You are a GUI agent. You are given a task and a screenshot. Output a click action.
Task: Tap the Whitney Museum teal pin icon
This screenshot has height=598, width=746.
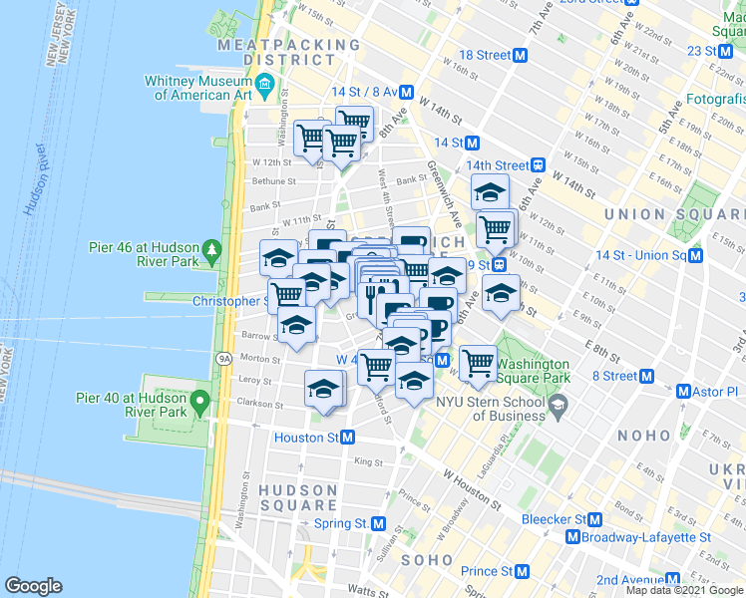264,87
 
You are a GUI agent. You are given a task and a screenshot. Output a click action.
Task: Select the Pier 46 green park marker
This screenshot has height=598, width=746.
212,249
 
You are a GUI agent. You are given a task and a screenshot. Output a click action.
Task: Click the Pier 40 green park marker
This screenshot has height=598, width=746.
199,403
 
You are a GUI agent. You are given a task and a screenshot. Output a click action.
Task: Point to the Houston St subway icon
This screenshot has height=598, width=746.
348,438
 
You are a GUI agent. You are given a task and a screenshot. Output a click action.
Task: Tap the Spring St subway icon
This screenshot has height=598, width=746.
378,523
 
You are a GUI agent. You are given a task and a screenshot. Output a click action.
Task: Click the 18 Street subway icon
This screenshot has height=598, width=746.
520,56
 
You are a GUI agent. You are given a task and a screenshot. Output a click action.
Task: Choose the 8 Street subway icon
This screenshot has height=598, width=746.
646,376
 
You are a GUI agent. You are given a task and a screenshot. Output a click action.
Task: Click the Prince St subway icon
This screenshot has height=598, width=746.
522,571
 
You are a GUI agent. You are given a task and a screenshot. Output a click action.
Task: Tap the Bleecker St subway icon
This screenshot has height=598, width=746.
595,519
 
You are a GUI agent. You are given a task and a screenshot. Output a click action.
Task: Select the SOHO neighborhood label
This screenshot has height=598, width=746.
428,560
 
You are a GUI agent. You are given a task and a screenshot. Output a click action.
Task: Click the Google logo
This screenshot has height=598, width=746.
33,586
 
